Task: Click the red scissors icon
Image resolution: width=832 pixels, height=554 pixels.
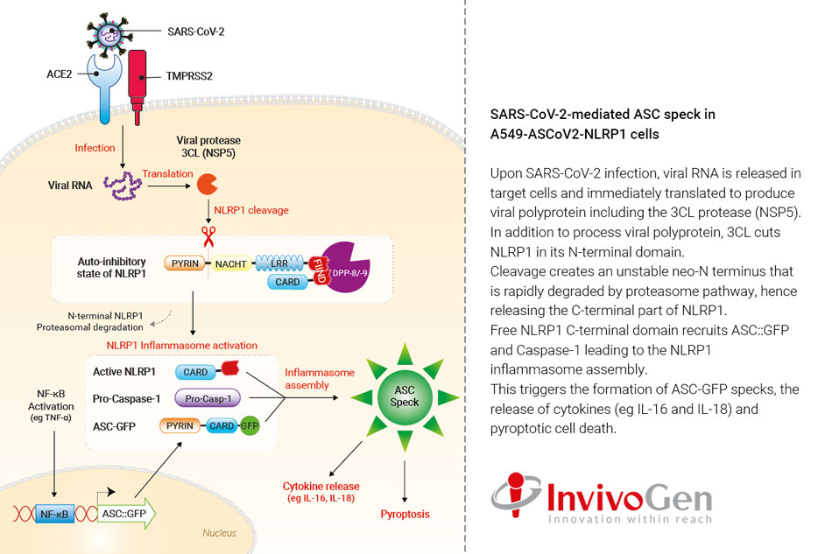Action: [208, 237]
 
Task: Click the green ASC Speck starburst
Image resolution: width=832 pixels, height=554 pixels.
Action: [405, 403]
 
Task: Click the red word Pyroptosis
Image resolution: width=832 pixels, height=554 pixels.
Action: [405, 514]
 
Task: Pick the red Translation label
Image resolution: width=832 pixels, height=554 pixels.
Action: [168, 174]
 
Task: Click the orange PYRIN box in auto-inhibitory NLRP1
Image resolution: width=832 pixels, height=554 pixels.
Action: [183, 262]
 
